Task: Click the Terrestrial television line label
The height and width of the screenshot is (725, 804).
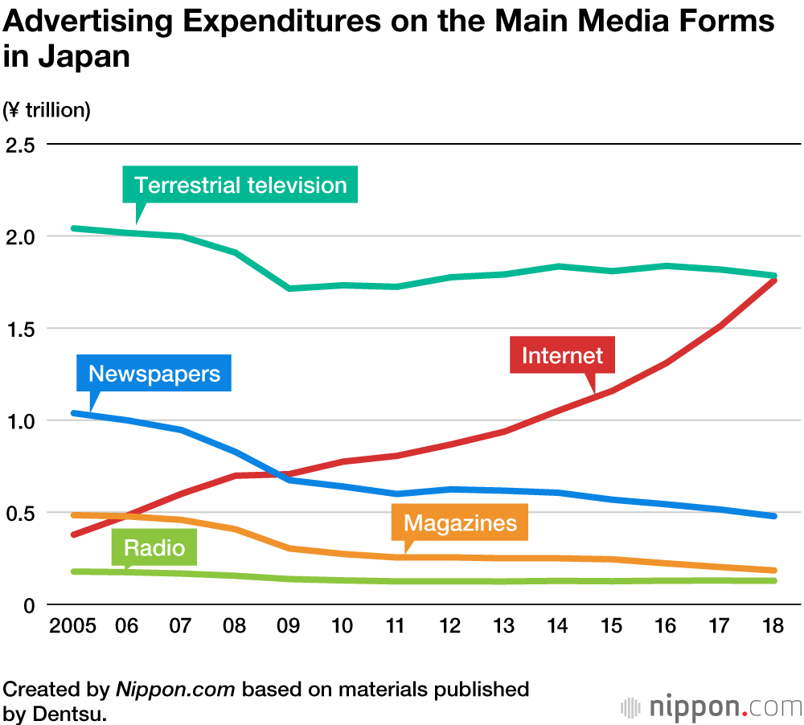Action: (x=240, y=185)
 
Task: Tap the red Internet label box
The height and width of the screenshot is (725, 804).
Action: (x=562, y=354)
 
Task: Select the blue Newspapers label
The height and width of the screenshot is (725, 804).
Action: (x=154, y=374)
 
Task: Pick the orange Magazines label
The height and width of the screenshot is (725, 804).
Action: (x=460, y=523)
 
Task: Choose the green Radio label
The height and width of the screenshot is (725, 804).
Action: (x=154, y=548)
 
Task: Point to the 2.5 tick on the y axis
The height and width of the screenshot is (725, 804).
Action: (x=21, y=145)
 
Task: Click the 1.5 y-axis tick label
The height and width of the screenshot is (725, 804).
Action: (x=21, y=329)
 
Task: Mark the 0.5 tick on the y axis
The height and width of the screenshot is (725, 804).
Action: (x=21, y=513)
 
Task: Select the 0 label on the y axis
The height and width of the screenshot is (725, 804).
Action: (x=29, y=604)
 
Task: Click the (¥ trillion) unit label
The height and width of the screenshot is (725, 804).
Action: (x=47, y=110)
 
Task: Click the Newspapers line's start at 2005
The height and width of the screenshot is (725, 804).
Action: (x=74, y=413)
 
